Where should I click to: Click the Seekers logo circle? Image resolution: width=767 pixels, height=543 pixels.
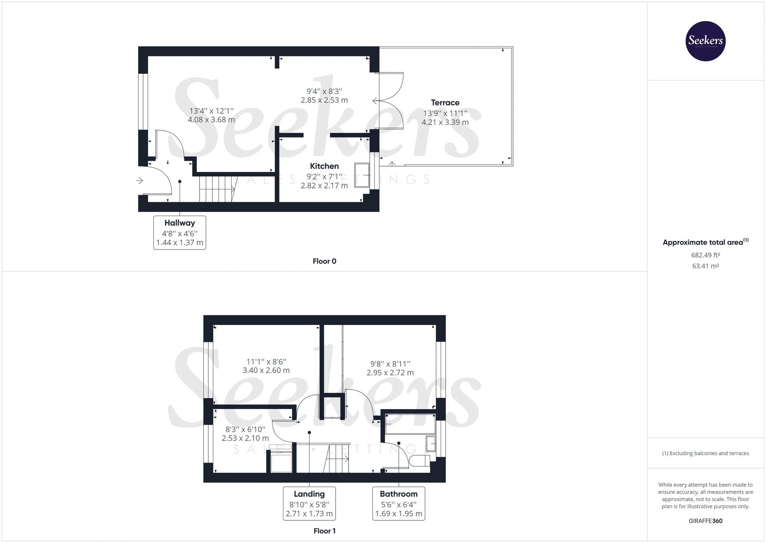705,41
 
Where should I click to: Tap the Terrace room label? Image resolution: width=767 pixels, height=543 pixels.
445,102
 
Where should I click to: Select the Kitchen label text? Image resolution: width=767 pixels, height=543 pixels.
324,166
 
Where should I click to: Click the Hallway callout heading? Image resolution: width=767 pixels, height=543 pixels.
179,223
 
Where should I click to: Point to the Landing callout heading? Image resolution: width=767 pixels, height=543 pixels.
309,494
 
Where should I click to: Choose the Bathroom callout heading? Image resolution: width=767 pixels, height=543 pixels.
398,494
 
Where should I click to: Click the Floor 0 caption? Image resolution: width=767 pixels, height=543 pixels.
324,261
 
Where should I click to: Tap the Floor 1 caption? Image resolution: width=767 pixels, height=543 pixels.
324,531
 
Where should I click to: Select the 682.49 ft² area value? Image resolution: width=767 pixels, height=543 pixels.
705,255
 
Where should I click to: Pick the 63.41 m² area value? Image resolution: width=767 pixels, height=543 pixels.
705,266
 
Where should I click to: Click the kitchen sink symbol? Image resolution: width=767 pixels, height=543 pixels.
362,175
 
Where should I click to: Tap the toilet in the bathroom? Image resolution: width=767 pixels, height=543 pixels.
420,460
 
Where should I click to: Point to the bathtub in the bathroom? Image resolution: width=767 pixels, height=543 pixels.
410,424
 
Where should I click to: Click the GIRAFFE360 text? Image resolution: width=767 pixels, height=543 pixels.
705,521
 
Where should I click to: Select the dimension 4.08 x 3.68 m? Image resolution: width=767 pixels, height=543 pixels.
211,120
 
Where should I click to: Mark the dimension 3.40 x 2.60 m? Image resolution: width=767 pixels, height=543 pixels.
266,371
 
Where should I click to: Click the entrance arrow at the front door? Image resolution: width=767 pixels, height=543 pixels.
139,180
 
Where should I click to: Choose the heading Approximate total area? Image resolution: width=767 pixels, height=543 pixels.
703,243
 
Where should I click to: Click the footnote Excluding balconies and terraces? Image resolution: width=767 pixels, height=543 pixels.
705,453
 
